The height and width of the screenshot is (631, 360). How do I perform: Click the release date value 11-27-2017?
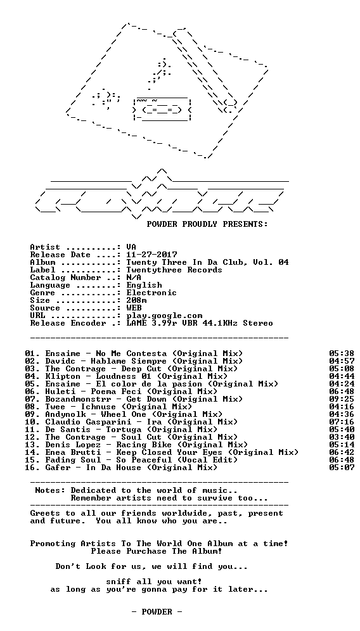coord(151,255)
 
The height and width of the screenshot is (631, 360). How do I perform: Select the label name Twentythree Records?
coord(174,271)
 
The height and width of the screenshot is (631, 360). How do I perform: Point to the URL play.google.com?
coord(164,316)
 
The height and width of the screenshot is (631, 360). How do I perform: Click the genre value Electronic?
coord(151,293)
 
